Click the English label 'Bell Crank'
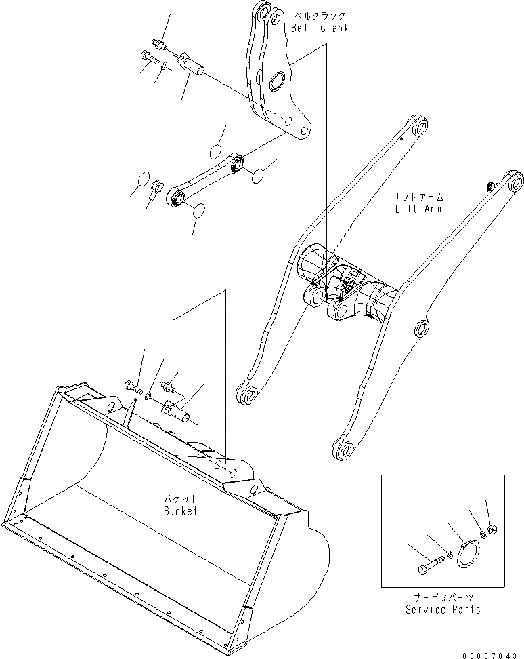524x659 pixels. tap(320, 28)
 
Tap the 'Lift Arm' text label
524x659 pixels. tap(418, 208)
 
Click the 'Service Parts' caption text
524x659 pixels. tap(443, 610)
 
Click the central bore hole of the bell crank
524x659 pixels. tap(278, 84)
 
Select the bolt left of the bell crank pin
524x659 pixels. tap(147, 58)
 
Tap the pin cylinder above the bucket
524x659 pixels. tap(179, 410)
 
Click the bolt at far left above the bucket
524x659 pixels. tap(133, 389)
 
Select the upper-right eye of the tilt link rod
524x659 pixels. tap(238, 163)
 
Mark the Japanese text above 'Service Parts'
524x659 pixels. tap(443, 597)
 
